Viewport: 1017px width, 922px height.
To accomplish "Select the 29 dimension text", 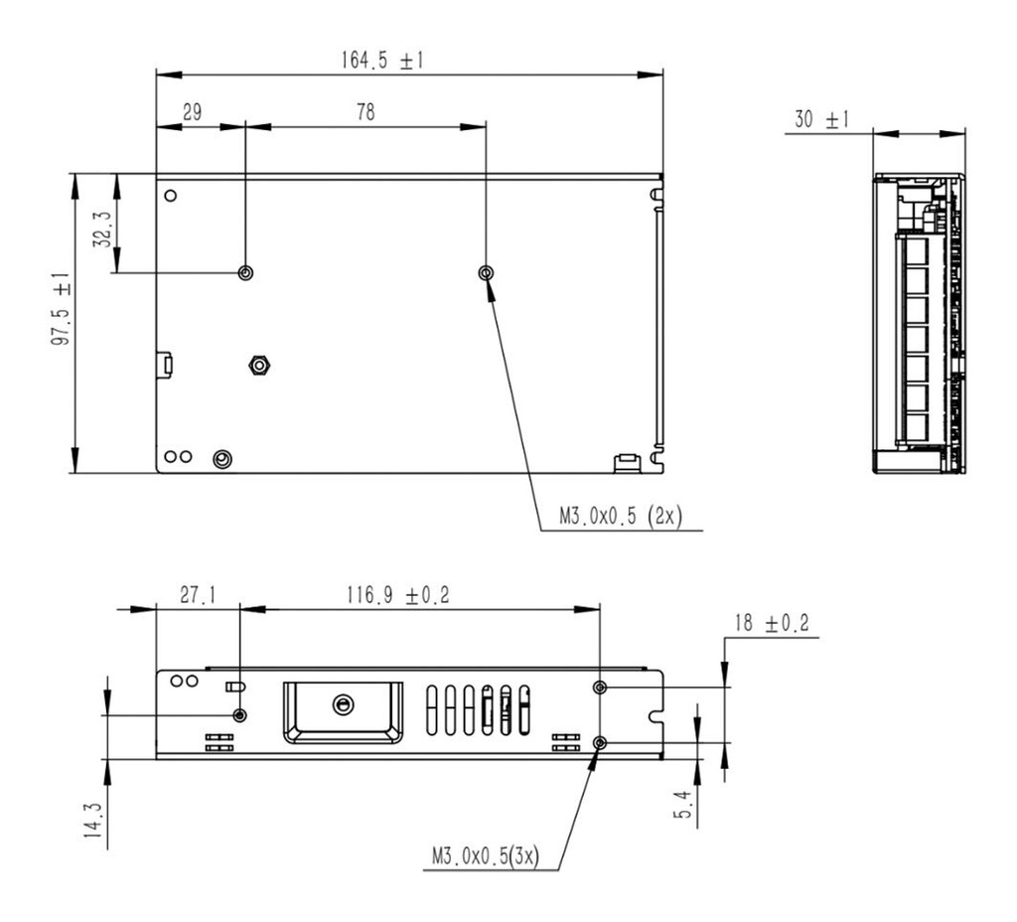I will click(192, 112).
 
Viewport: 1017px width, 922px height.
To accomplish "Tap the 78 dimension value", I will click(365, 112).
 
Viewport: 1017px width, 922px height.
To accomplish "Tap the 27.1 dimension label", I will click(198, 595).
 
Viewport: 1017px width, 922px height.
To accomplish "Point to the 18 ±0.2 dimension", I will click(771, 624).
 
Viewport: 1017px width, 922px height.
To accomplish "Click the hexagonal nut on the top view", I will click(258, 366).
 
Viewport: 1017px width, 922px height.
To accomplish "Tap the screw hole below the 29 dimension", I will click(245, 272).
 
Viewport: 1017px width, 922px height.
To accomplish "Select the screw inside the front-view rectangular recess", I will click(343, 704).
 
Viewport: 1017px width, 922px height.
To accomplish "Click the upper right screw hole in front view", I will click(600, 688).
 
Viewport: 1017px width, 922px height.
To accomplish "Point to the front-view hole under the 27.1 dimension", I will click(239, 714).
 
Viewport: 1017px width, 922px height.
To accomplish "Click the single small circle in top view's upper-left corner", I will click(171, 195).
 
